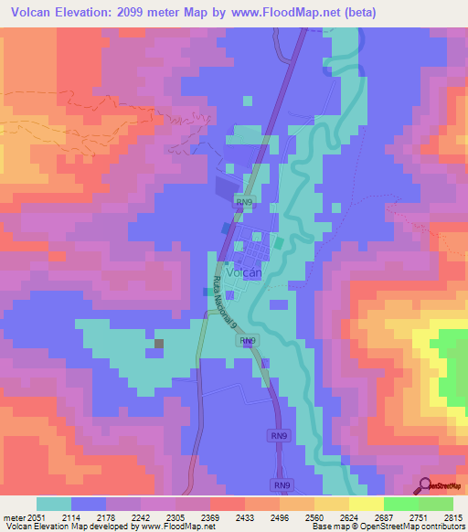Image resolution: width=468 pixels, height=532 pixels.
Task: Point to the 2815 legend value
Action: pos(452,516)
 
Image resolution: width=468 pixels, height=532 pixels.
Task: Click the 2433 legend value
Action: pos(244,516)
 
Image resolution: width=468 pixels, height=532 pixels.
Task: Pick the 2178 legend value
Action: pos(105,516)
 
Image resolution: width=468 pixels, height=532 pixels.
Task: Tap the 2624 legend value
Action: pos(348,516)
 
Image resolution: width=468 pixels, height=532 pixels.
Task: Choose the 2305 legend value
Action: pos(175,516)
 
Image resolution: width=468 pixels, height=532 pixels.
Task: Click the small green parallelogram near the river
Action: pos(277,243)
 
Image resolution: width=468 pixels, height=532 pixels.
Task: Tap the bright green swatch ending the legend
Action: pos(436,504)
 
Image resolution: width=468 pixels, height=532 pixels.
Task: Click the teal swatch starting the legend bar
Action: pos(54,504)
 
